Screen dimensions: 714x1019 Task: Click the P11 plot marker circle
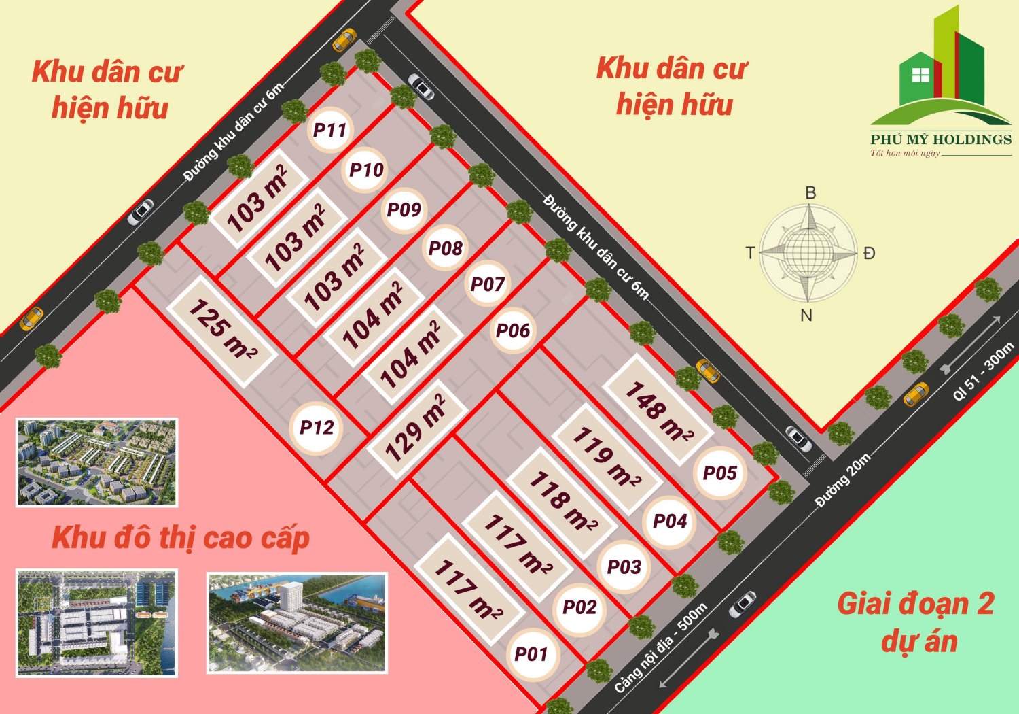click(329, 129)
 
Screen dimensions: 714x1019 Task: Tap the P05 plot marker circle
click(719, 473)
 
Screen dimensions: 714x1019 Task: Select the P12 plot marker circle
click(317, 428)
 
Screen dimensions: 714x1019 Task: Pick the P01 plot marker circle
click(531, 654)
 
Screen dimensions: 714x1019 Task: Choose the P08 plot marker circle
click(445, 248)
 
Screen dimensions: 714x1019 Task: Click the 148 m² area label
click(658, 410)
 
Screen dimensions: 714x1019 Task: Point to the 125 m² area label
click(222, 329)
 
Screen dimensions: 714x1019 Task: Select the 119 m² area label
click(606, 456)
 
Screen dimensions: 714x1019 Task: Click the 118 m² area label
click(562, 501)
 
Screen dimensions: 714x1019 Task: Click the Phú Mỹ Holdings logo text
click(941, 139)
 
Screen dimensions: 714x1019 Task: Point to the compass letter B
click(810, 192)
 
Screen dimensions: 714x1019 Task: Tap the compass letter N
click(806, 316)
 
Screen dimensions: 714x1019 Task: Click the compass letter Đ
click(869, 254)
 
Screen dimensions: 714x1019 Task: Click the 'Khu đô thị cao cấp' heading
click(181, 538)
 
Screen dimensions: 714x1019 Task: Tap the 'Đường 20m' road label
click(842, 480)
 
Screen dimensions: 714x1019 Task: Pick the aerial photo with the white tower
click(297, 624)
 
